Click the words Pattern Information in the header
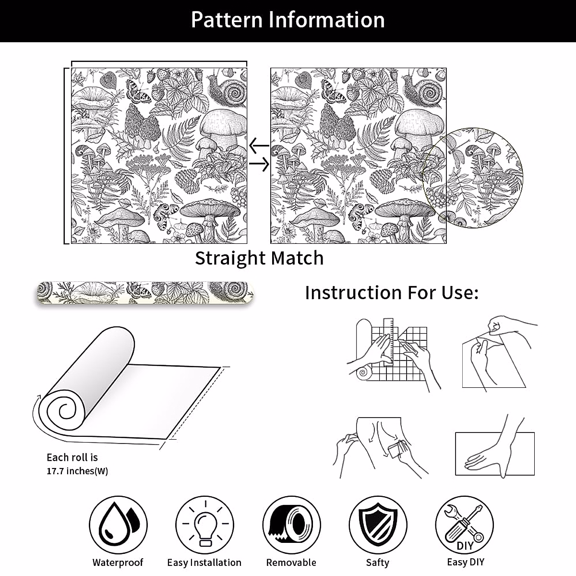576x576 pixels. pyautogui.click(x=288, y=20)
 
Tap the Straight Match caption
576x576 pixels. pyautogui.click(x=259, y=258)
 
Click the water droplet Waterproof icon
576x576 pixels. pyautogui.click(x=118, y=524)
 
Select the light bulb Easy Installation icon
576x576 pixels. pyautogui.click(x=204, y=525)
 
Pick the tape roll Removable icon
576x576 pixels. pyautogui.click(x=291, y=524)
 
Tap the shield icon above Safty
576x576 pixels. pyautogui.click(x=378, y=524)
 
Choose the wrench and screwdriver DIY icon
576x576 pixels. pyautogui.click(x=465, y=524)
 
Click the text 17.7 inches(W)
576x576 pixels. pyautogui.click(x=77, y=471)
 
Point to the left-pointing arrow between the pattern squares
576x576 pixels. pyautogui.click(x=259, y=144)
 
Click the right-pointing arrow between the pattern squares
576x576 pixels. pyautogui.click(x=259, y=165)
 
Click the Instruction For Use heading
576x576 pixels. pyautogui.click(x=392, y=292)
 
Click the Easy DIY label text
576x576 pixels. pyautogui.click(x=465, y=562)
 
